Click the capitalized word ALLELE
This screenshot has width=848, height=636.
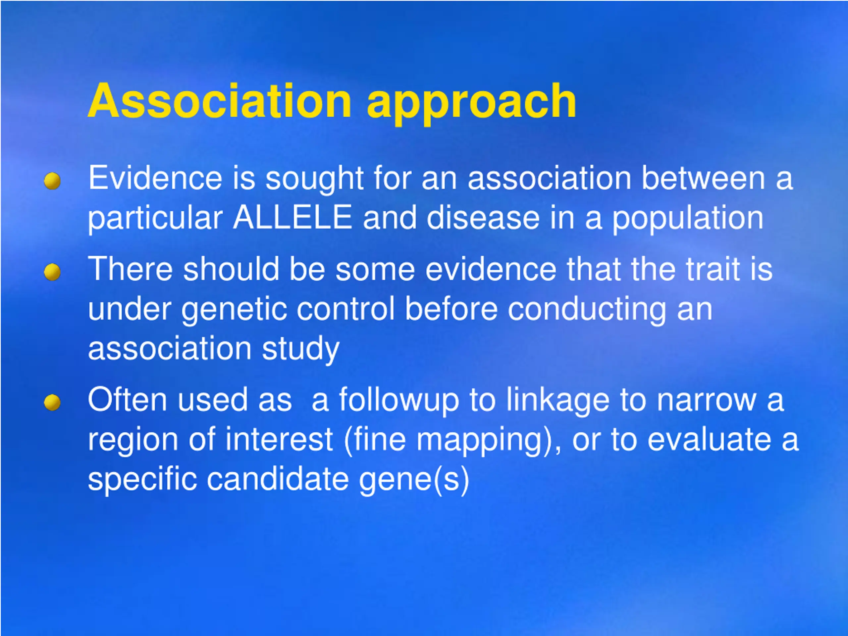coord(292,217)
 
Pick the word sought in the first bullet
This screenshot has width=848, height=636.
coord(314,180)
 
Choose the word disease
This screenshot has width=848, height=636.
coord(483,217)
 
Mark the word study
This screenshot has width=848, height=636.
coord(300,349)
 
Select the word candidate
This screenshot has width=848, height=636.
coord(278,479)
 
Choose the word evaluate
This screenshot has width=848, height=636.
coord(709,440)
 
